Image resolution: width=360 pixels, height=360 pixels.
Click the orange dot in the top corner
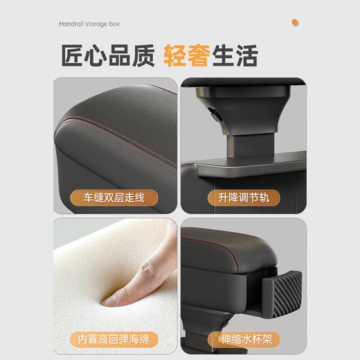pos(296,23)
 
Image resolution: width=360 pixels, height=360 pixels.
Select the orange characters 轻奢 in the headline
pos(187,55)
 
